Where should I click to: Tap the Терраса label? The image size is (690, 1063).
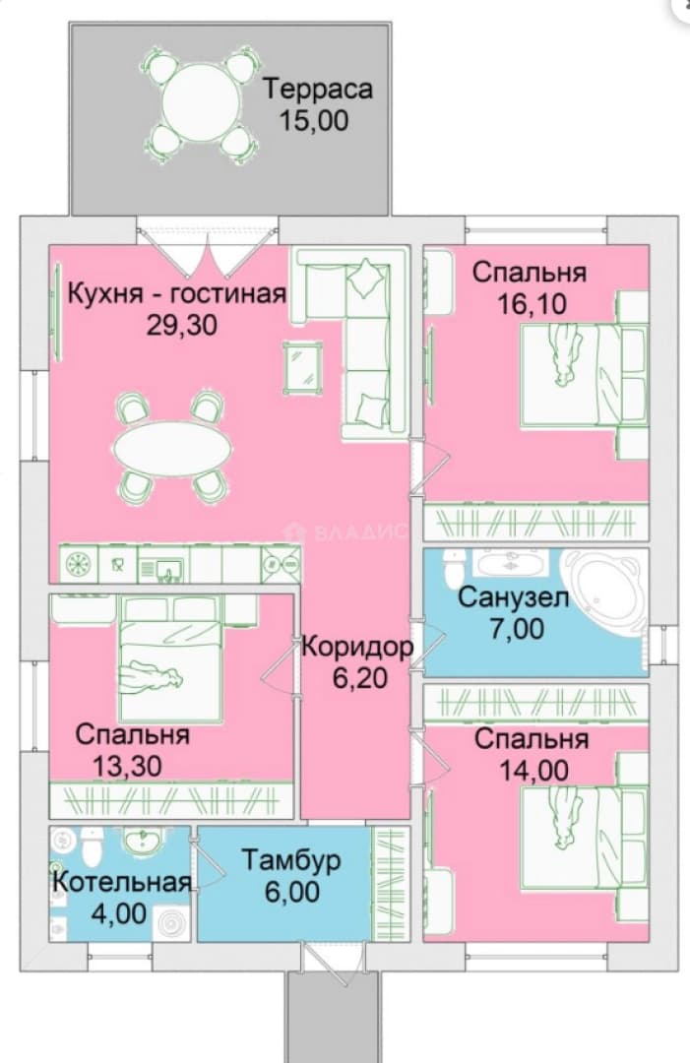pos(318,89)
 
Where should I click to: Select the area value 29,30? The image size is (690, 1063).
pos(182,325)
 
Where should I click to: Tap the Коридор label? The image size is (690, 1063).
pos(357,647)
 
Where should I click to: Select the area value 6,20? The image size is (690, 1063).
pos(360,677)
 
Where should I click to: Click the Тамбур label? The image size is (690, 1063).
pos(291,860)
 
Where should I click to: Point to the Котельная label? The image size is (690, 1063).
pos(122,882)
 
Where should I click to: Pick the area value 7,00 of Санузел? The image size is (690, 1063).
pos(517,628)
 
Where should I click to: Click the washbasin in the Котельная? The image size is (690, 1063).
pos(143,842)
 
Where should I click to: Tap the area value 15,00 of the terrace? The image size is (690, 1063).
pos(314,120)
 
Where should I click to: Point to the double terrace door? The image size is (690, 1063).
pos(208,250)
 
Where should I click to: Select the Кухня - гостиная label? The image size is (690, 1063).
pos(177,294)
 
